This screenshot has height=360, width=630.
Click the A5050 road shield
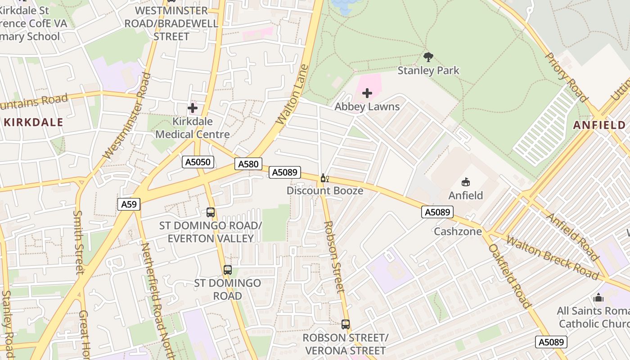[x=198, y=162]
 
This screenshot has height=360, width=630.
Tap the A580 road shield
[x=248, y=164]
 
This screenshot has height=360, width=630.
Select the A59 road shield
[x=129, y=204]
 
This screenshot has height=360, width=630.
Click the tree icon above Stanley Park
[x=428, y=57]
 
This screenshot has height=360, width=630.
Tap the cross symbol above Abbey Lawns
[x=367, y=93]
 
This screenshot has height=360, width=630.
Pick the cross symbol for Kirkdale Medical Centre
[x=193, y=108]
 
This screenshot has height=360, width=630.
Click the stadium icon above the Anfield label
[x=466, y=182]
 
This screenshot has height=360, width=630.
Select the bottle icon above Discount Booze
[x=324, y=178]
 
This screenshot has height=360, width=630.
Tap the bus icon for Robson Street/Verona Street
[x=345, y=324]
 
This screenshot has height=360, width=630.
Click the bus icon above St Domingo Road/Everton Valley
[x=210, y=212]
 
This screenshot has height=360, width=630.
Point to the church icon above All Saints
[x=598, y=297]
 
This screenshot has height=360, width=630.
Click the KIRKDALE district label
[x=33, y=122]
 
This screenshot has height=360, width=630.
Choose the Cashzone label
[x=458, y=232]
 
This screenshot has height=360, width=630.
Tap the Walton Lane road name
[x=292, y=95]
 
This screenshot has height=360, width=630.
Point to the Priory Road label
[x=567, y=77]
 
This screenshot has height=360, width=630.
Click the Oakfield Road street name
[x=510, y=276]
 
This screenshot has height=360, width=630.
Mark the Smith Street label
[x=79, y=242]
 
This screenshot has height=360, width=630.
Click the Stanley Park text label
[x=428, y=71]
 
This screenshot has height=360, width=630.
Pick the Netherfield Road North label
[x=155, y=301]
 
